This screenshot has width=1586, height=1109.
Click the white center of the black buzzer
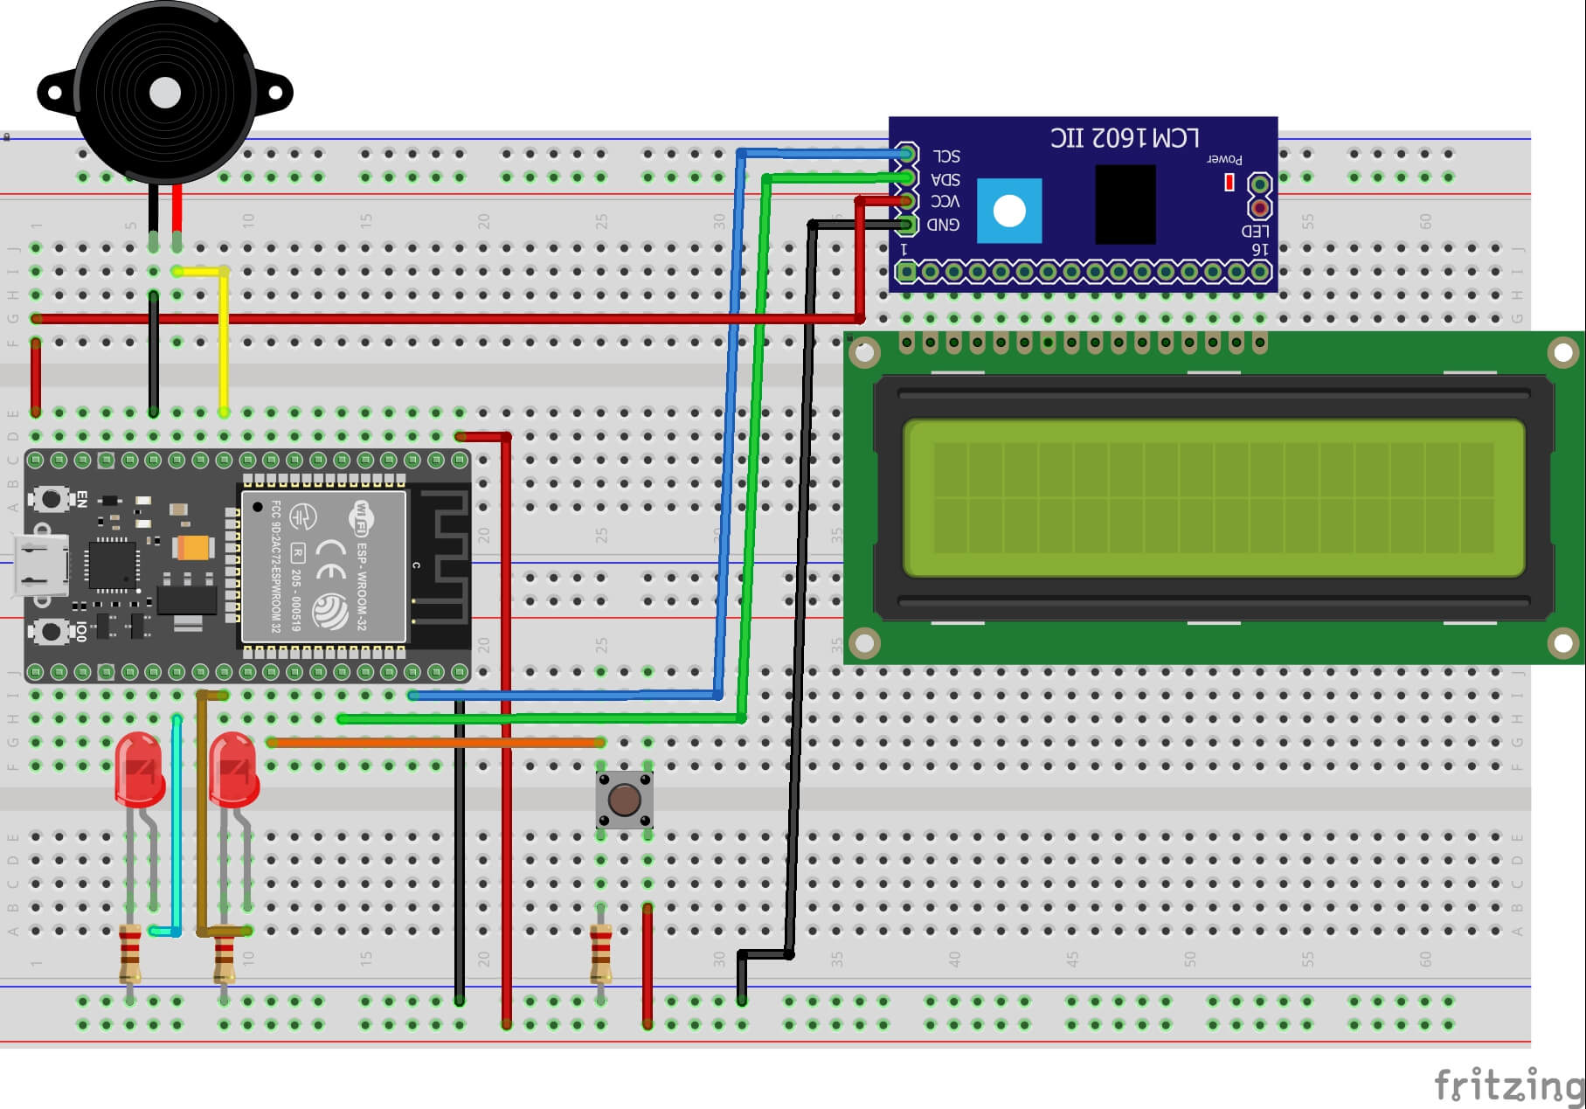165,93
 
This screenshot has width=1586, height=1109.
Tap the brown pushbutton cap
624,799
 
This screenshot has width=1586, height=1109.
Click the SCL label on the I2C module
945,156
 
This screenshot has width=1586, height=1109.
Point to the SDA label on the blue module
945,179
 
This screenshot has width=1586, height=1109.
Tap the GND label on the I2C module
943,225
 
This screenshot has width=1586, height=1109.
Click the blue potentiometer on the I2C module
1009,211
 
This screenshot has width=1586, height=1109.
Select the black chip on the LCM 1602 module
1125,204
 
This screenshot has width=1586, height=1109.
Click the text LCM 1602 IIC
1125,138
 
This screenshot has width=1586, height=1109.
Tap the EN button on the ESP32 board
51,499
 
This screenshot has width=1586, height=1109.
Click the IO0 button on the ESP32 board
51,630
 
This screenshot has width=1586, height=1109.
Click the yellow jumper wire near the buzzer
224,341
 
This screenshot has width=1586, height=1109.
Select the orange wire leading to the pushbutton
437,742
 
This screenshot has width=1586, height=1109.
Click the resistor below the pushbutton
600,954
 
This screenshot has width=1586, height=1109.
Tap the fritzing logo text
1507,1085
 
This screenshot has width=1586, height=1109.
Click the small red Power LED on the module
1229,182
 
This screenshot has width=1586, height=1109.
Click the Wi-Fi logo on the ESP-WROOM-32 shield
362,517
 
